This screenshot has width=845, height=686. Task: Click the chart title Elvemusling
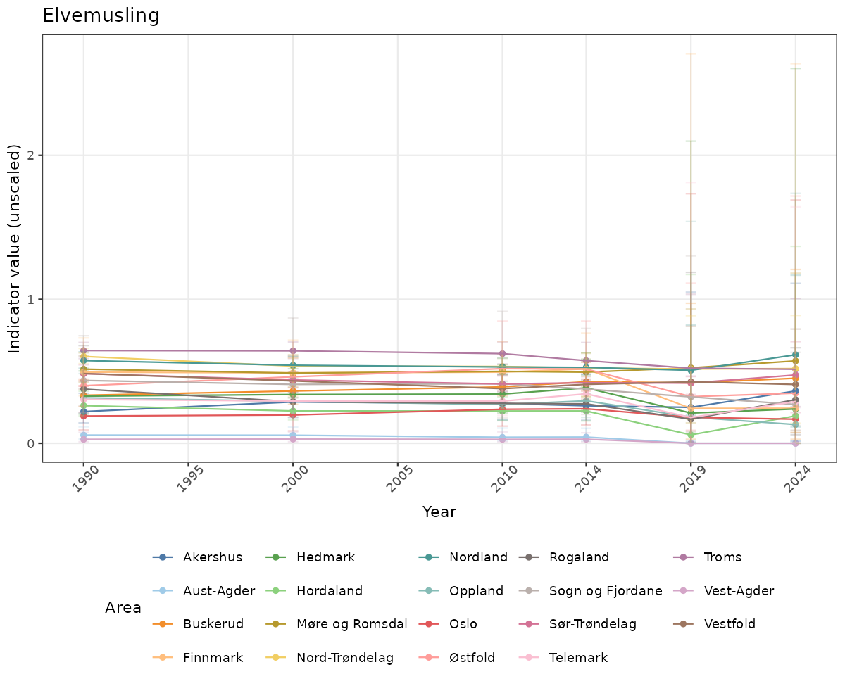coord(101,15)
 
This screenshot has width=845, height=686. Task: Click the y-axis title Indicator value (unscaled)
coord(15,248)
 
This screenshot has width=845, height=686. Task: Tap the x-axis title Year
coord(439,512)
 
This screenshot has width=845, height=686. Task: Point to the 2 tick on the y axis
coord(31,155)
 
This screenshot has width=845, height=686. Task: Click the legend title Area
coord(123,607)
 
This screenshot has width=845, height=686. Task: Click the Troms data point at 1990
coord(84,350)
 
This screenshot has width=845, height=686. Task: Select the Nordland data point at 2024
coord(795,355)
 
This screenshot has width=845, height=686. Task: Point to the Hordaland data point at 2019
coord(691,435)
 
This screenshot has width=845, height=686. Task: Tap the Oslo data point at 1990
coord(84,416)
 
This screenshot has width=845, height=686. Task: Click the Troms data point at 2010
coord(502,354)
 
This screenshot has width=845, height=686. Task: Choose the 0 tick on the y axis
coord(31,443)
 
